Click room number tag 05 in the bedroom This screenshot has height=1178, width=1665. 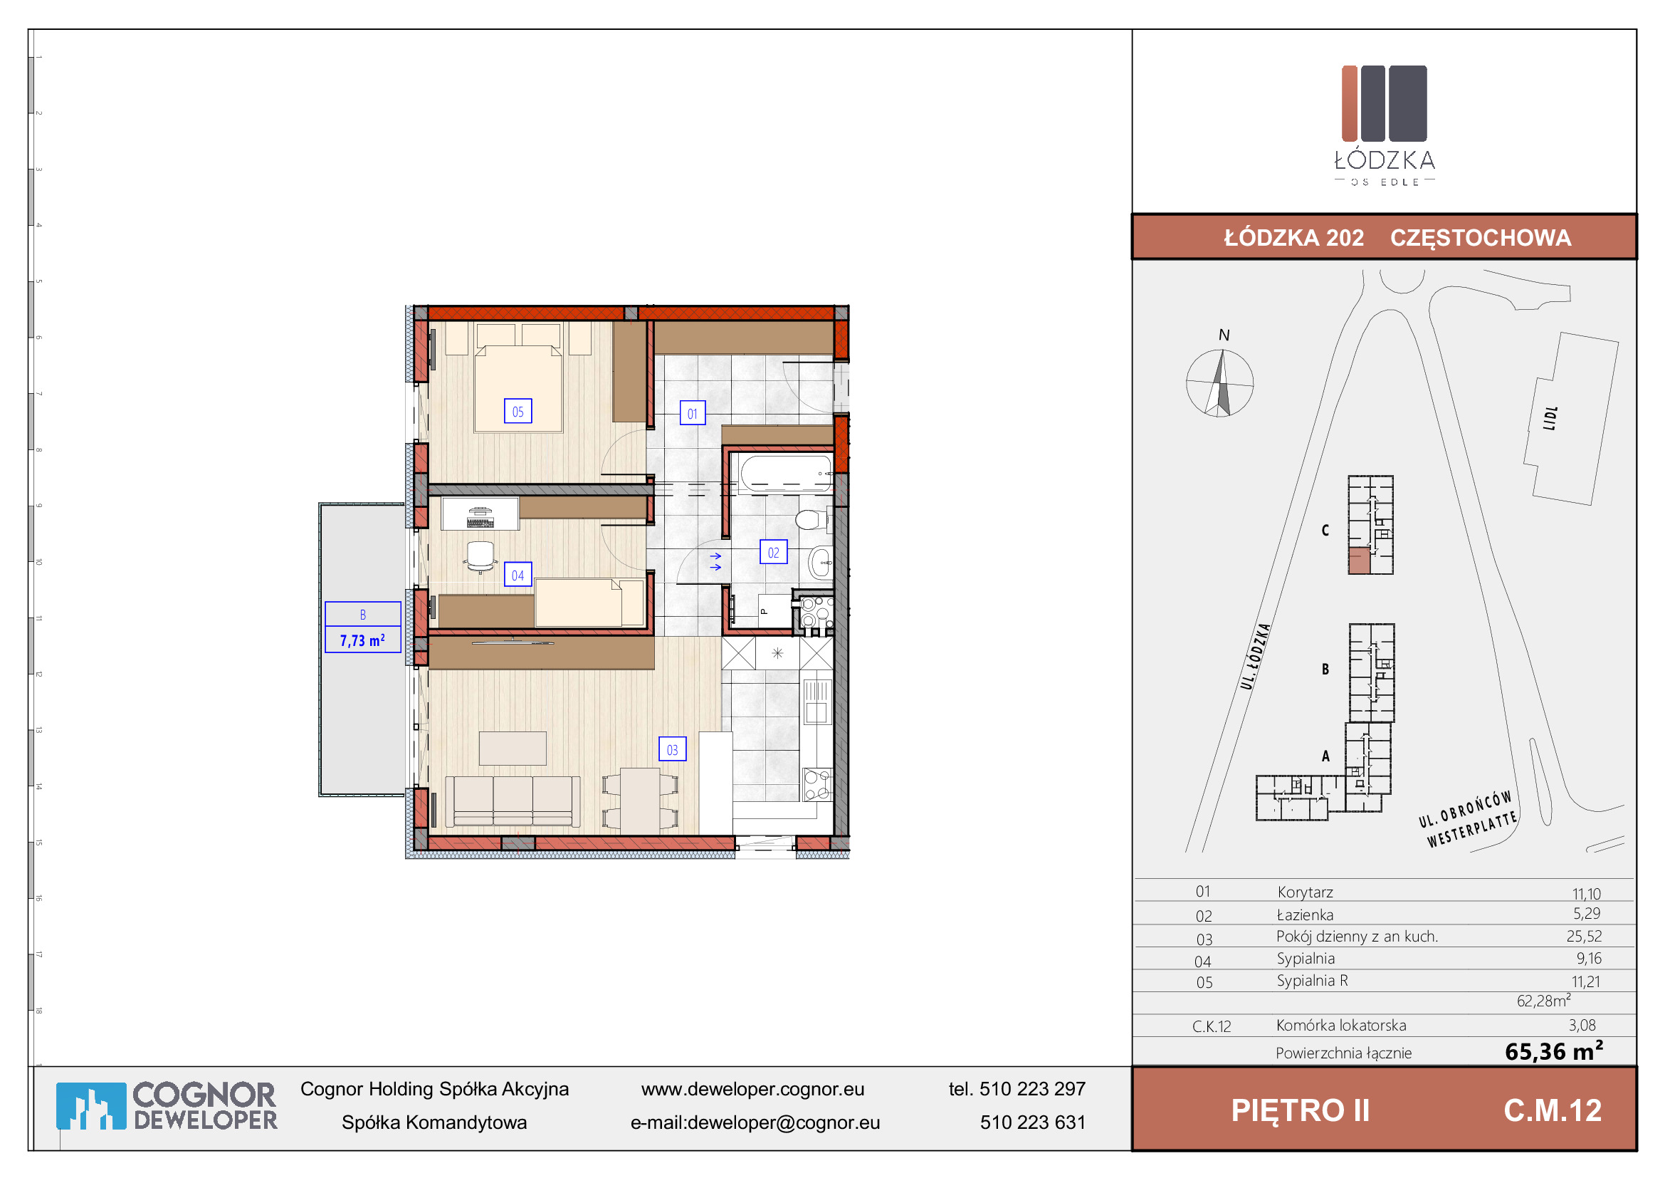click(x=518, y=411)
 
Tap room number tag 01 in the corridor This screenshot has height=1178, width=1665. click(x=692, y=414)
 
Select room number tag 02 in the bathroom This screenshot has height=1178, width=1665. click(x=773, y=552)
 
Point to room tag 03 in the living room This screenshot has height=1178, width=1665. click(x=672, y=749)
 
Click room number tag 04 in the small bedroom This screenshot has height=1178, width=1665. click(x=518, y=575)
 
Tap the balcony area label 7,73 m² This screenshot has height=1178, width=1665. click(x=362, y=640)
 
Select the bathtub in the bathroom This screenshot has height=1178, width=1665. click(x=785, y=473)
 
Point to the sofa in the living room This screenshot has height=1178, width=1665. click(x=513, y=801)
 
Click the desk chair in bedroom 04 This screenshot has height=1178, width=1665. click(x=480, y=556)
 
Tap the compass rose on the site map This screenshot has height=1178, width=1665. click(x=1220, y=383)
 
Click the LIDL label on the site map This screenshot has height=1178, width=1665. click(x=1550, y=418)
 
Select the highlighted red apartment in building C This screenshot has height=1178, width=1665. click(x=1359, y=560)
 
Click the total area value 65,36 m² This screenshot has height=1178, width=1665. click(x=1553, y=1051)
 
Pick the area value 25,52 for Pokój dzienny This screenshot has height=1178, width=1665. click(x=1584, y=936)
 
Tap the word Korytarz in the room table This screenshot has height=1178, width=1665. click(x=1306, y=892)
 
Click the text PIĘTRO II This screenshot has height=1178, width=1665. click(x=1301, y=1110)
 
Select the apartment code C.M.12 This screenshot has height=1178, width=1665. click(x=1553, y=1110)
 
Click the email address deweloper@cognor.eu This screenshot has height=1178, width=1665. click(x=783, y=1122)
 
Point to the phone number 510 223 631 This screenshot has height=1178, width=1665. click(x=1033, y=1122)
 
